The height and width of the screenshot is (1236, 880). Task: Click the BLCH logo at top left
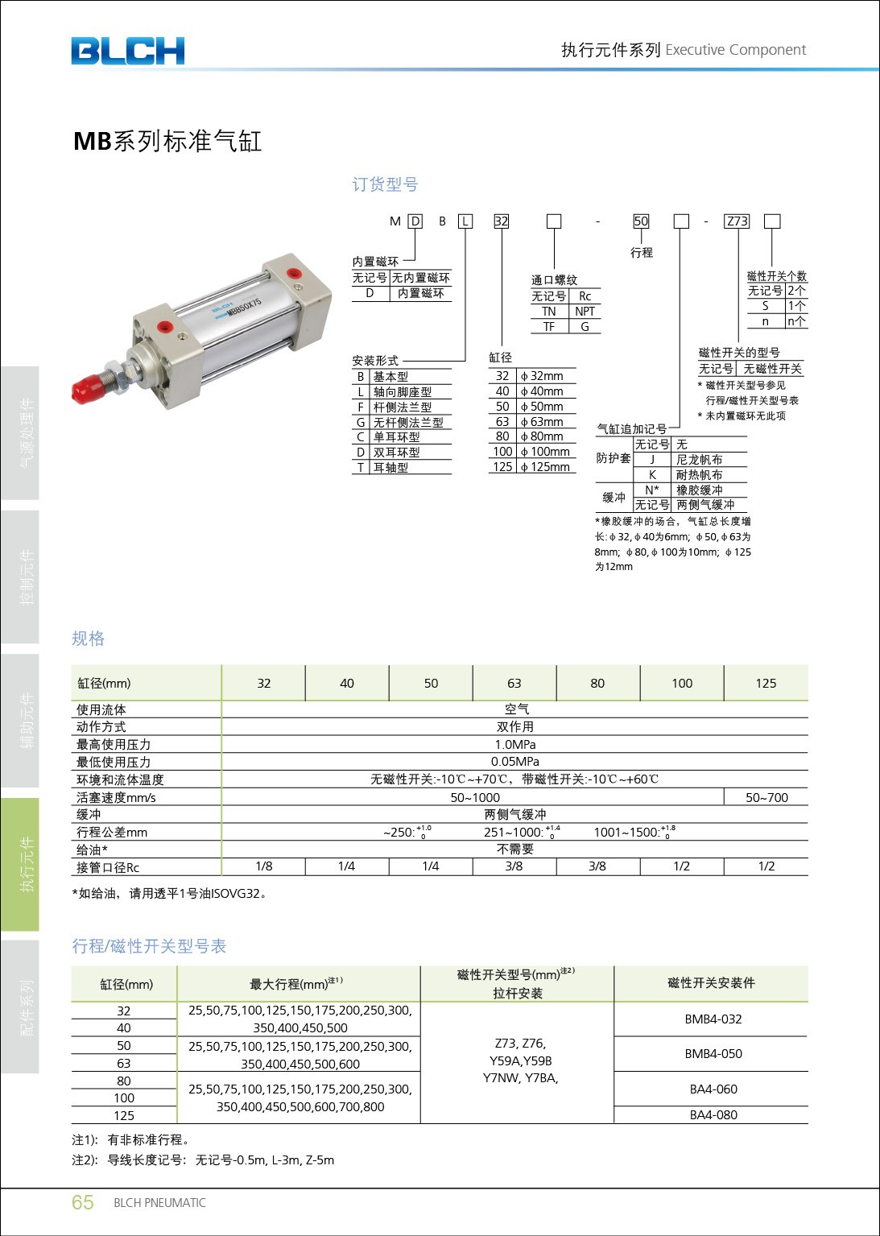pos(127,51)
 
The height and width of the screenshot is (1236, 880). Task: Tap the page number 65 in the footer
pos(83,1202)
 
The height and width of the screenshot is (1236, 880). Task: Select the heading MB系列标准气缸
pos(167,141)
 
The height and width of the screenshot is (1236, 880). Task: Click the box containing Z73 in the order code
pos(737,221)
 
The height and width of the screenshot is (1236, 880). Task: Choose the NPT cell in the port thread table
pos(585,312)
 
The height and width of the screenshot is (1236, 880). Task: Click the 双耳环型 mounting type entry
pos(396,452)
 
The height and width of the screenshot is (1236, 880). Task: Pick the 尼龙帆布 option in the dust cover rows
pos(699,459)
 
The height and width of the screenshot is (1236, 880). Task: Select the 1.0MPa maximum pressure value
pos(515,745)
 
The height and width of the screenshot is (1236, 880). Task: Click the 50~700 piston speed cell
pos(766,797)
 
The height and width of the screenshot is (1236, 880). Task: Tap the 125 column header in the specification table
pos(766,683)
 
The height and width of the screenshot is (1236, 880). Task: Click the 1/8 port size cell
pos(264,866)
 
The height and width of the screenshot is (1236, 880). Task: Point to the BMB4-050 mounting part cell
pos(713,1053)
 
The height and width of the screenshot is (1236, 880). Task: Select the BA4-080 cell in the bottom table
pos(713,1114)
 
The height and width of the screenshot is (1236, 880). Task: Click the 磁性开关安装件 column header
pos(711,983)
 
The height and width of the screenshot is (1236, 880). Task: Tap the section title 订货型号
pos(385,184)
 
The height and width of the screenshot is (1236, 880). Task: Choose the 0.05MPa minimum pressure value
pos(515,762)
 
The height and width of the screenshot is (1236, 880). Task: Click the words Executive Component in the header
pos(735,50)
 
